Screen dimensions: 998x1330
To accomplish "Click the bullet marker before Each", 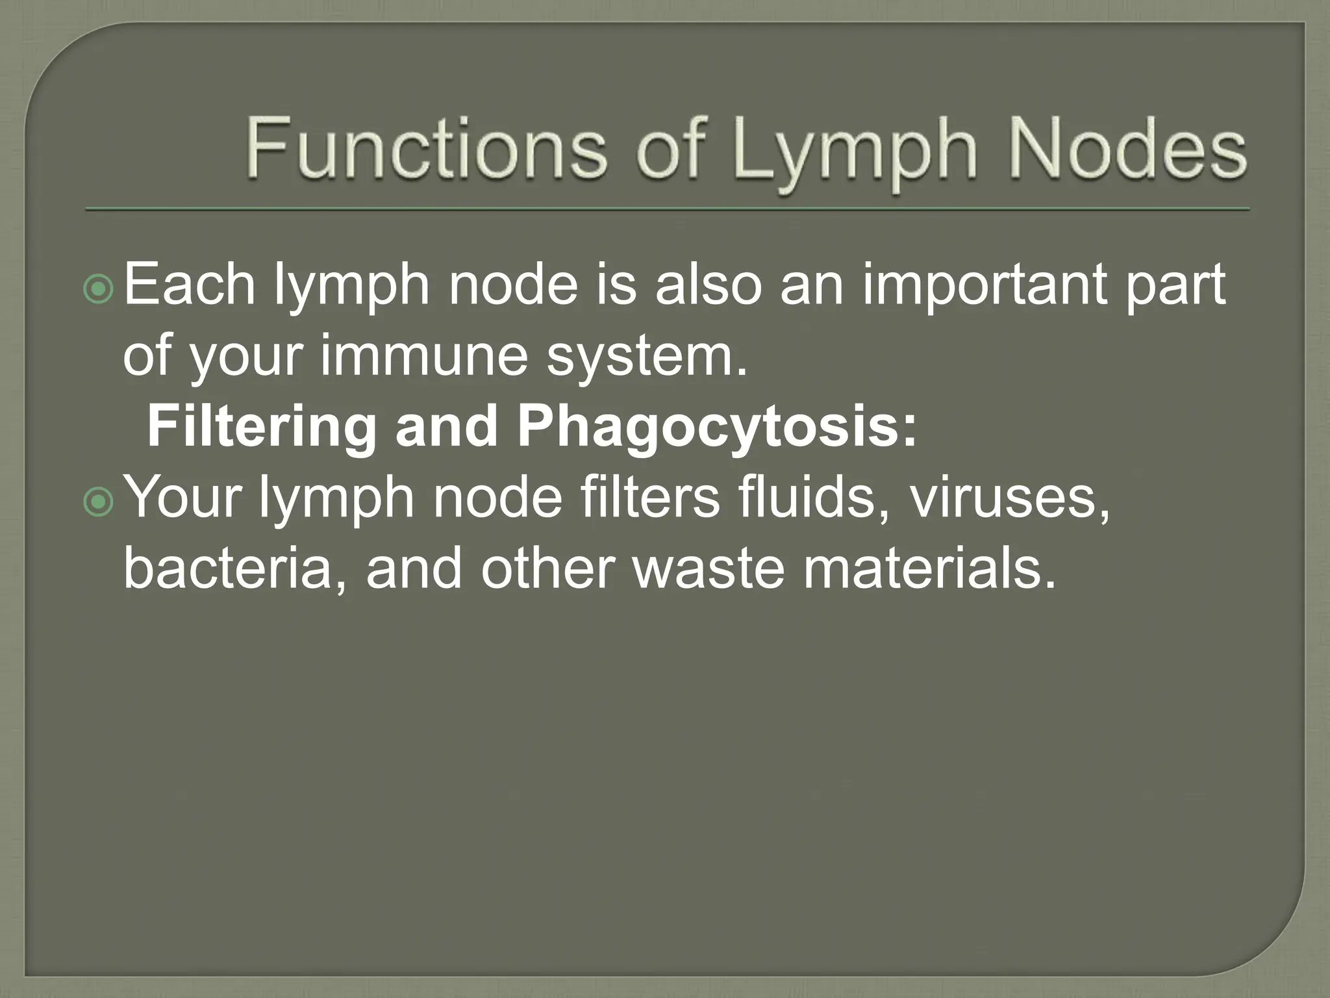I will click(x=99, y=290).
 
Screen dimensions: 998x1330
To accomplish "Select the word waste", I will click(x=709, y=569).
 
